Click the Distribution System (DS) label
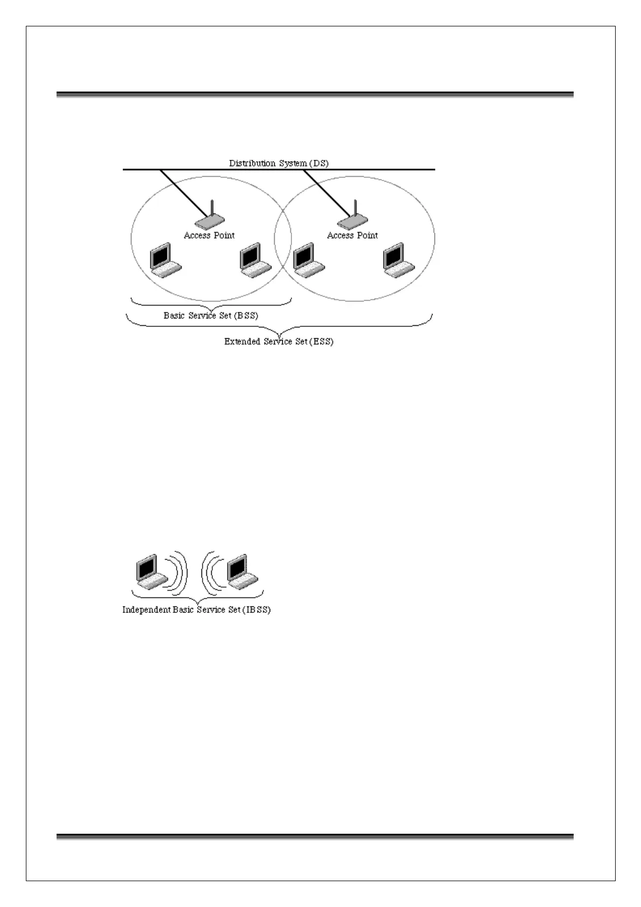pyautogui.click(x=278, y=163)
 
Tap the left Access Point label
pyautogui.click(x=209, y=235)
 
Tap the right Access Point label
pyautogui.click(x=352, y=235)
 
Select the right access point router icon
pyautogui.click(x=352, y=220)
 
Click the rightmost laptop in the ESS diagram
pyautogui.click(x=398, y=261)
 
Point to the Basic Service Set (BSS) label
pyautogui.click(x=211, y=316)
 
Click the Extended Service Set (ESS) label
pyautogui.click(x=278, y=341)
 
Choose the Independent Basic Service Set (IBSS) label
pyautogui.click(x=196, y=610)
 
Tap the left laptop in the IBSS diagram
pyautogui.click(x=151, y=571)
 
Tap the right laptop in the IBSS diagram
pyautogui.click(x=242, y=571)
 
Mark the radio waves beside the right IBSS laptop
pyautogui.click(x=211, y=573)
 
